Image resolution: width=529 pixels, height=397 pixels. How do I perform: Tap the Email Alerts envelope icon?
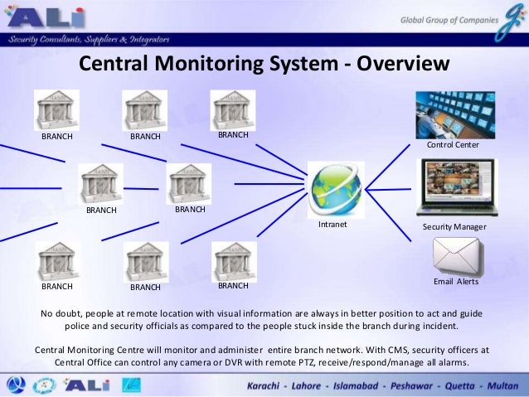(x=455, y=257)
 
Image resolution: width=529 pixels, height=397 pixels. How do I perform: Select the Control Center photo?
(x=455, y=114)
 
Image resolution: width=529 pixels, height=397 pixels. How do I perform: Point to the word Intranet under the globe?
(x=332, y=225)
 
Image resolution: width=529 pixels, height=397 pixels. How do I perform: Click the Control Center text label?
(x=453, y=145)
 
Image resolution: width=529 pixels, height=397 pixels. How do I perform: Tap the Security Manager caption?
(x=454, y=226)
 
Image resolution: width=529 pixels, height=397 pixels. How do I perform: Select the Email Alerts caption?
(x=456, y=282)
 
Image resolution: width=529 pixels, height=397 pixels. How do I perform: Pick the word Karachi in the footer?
(x=274, y=387)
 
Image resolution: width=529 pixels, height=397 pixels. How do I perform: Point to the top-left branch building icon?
(x=57, y=109)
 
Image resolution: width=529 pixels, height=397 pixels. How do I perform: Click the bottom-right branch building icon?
(x=234, y=262)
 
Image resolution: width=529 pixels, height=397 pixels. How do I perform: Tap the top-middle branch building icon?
(x=145, y=109)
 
